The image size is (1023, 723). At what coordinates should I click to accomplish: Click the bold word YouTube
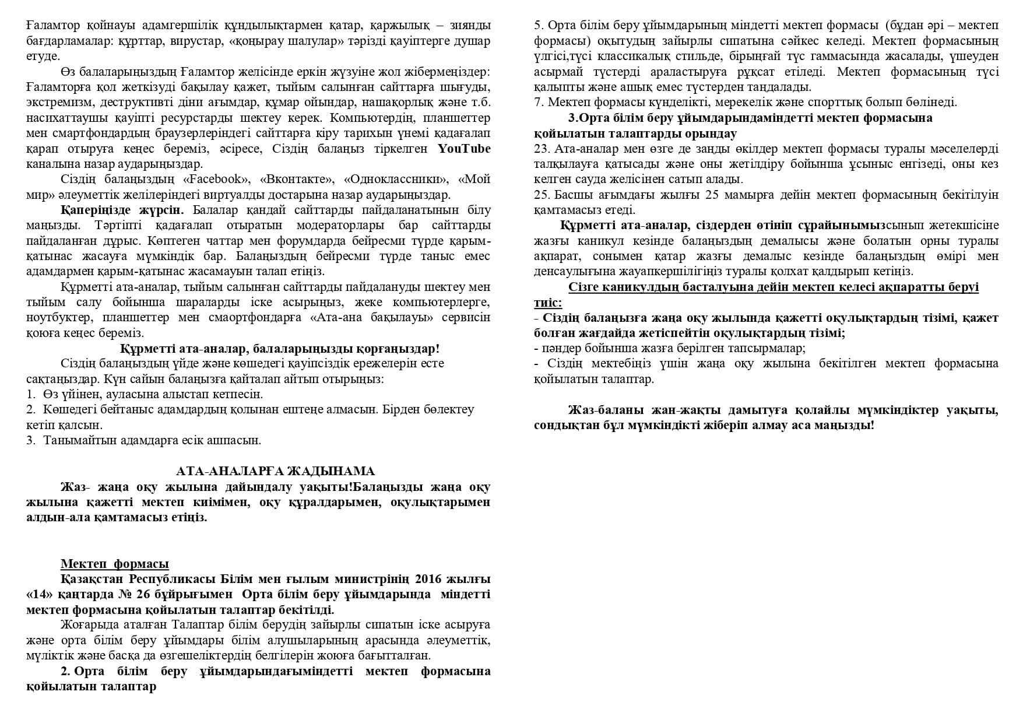coord(464,149)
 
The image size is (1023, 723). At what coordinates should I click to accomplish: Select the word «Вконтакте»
coord(297,179)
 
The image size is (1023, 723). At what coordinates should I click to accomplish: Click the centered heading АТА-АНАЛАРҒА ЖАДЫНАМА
coord(275,471)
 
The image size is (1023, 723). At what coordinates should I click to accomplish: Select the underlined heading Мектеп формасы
coord(115,564)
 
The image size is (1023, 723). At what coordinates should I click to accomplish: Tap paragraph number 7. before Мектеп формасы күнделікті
coord(539,103)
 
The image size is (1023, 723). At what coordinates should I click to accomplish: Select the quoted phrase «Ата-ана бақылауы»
coord(367,318)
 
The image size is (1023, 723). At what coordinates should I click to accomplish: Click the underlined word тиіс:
coord(548,303)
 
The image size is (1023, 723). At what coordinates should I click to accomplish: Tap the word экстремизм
coord(60,103)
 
